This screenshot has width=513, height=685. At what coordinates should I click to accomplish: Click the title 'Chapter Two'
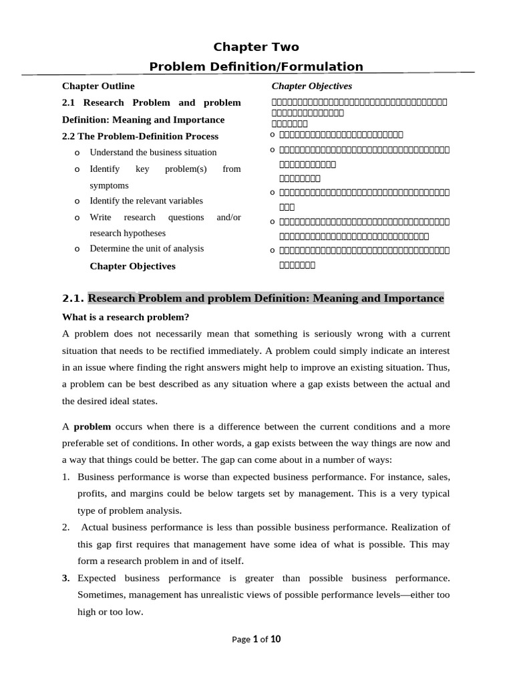[x=256, y=47]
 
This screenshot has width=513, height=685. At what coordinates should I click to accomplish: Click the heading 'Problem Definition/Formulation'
[x=256, y=66]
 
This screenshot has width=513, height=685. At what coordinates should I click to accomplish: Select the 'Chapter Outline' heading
[x=98, y=86]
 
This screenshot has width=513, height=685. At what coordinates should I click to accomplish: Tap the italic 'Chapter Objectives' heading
[x=311, y=86]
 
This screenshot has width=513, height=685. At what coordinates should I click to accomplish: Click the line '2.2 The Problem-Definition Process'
[x=140, y=136]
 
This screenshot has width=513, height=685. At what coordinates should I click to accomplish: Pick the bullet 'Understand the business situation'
[x=153, y=153]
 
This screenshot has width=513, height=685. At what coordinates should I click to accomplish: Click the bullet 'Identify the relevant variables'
[x=146, y=201]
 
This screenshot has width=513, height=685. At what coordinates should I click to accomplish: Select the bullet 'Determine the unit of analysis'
[x=147, y=249]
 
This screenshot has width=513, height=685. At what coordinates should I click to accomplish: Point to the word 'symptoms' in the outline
[x=109, y=185]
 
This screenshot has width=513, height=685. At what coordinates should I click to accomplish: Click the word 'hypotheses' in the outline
[x=143, y=233]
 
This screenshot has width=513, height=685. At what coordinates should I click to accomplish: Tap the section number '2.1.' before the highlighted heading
[x=73, y=298]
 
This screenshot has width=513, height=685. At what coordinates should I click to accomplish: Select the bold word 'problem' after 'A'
[x=92, y=427]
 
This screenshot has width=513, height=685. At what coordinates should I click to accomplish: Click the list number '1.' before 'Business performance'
[x=66, y=477]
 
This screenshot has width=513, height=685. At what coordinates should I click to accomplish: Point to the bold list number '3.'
[x=66, y=578]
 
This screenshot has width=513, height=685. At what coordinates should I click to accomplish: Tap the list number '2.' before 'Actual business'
[x=66, y=527]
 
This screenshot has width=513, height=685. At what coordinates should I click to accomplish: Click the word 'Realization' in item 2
[x=420, y=527]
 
